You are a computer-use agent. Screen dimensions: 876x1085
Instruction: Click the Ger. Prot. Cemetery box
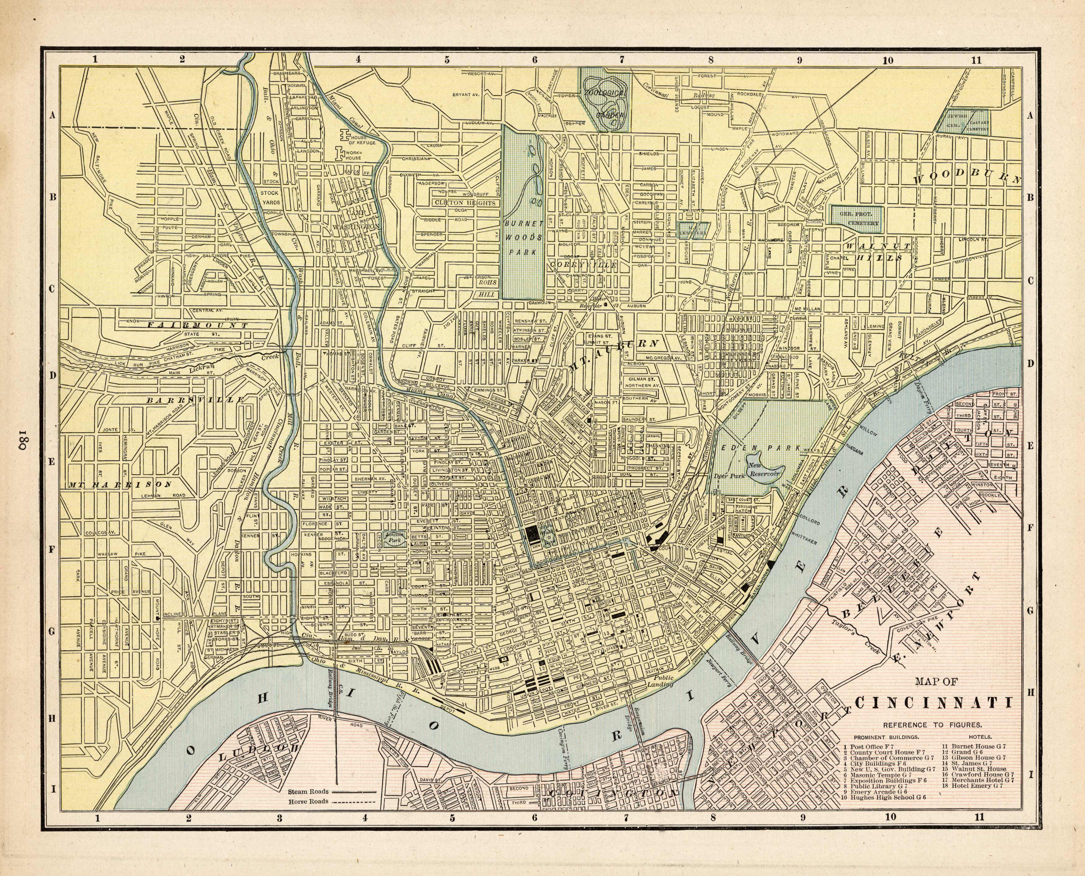pos(857,219)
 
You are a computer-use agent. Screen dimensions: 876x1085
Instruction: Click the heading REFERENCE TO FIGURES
pos(932,725)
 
